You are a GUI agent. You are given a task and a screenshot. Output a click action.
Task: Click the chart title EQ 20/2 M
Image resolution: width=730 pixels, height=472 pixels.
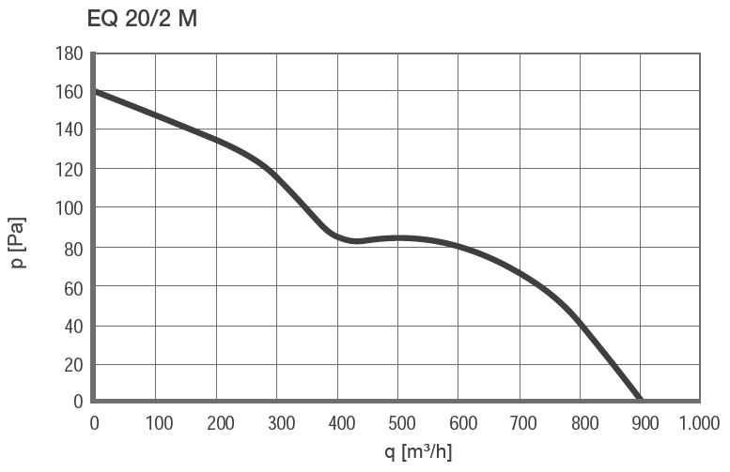tap(142, 18)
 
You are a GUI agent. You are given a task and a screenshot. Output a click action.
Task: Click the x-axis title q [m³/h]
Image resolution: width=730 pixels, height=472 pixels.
tap(417, 452)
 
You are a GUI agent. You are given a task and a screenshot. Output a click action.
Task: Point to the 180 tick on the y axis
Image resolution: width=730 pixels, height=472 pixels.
tap(70, 53)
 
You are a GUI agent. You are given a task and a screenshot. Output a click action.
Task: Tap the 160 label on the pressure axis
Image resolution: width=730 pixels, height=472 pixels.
tap(70, 92)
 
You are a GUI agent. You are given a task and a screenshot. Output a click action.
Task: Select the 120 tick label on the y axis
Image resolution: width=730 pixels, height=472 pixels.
tap(70, 170)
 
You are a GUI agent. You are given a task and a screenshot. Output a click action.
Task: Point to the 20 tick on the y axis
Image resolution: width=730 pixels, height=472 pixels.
tap(73, 365)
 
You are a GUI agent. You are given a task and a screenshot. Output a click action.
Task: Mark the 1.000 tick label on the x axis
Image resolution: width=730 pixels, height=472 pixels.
tap(699, 423)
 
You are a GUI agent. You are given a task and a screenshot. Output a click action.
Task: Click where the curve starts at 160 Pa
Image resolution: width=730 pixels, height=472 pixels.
tap(96, 91)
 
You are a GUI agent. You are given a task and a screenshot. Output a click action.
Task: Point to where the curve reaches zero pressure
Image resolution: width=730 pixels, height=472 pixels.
tap(639, 400)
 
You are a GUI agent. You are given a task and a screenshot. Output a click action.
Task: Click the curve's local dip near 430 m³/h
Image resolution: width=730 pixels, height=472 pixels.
tap(356, 241)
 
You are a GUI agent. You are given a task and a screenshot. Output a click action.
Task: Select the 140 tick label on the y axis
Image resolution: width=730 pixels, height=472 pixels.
tap(70, 130)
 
